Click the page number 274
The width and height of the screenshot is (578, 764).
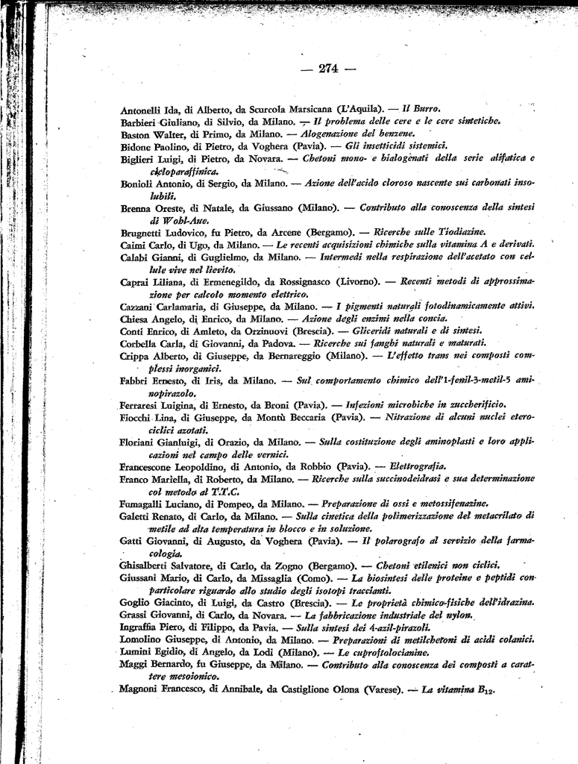pyautogui.click(x=328, y=69)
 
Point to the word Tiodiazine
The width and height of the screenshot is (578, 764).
pyautogui.click(x=461, y=232)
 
